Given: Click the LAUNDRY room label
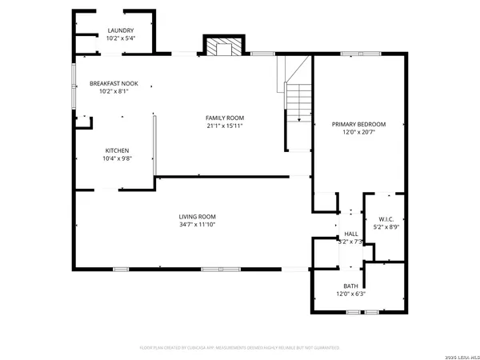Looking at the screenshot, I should (121, 30).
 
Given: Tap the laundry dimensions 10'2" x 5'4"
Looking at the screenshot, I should (121, 38).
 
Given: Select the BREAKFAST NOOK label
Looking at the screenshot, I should (113, 83).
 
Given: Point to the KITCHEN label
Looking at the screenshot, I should (117, 150).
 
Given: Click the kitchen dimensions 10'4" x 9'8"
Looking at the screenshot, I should (117, 158).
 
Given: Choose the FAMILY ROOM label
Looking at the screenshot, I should (225, 118).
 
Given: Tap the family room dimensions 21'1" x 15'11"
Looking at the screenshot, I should (225, 126).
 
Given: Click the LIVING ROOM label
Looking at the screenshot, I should (197, 217).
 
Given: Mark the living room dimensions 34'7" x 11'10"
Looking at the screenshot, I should (197, 225).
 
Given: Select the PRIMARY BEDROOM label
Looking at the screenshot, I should (359, 124).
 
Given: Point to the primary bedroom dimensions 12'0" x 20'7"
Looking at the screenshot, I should (359, 132).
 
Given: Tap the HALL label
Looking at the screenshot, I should (350, 234).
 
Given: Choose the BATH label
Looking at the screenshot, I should (350, 286).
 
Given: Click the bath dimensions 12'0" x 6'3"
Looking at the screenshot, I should (350, 294).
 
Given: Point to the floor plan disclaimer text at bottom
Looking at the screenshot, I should (240, 348).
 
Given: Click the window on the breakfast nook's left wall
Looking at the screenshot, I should (75, 81).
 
